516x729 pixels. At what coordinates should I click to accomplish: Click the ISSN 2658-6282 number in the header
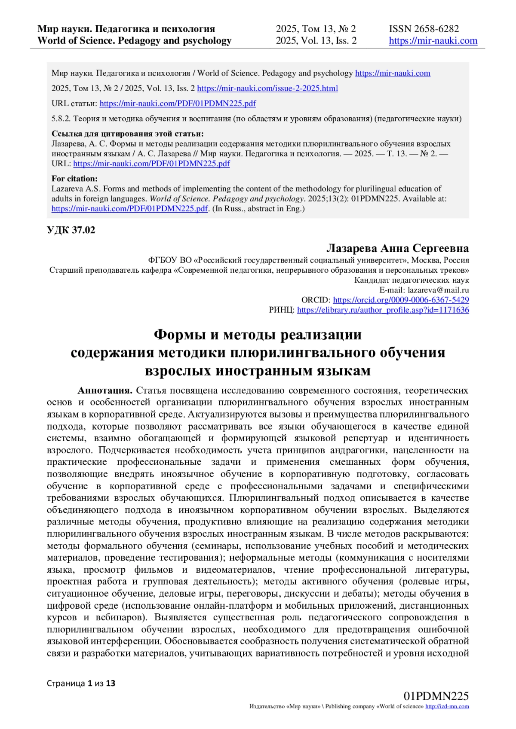[424, 29]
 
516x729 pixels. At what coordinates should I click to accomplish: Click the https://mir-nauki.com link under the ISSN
[433, 41]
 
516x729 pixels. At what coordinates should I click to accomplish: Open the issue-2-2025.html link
[267, 88]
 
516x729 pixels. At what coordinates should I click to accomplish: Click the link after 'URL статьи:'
[178, 104]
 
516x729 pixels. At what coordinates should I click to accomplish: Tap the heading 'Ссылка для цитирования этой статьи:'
[128, 134]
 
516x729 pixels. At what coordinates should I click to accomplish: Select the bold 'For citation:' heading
[74, 179]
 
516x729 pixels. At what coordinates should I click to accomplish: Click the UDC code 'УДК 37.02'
[71, 230]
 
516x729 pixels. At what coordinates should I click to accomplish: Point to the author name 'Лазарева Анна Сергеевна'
[397, 248]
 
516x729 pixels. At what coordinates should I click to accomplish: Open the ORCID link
[401, 300]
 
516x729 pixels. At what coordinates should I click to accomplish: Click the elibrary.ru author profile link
[383, 310]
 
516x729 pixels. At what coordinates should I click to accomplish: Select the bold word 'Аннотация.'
[104, 390]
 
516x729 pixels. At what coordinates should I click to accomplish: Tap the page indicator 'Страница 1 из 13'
[81, 683]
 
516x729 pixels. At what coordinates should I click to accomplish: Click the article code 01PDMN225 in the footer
[436, 696]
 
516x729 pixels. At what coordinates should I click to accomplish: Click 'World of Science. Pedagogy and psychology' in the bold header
[134, 41]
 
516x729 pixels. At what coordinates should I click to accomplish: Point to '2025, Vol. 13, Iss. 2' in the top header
[316, 41]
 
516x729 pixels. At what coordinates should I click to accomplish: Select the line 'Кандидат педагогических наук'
[412, 280]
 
